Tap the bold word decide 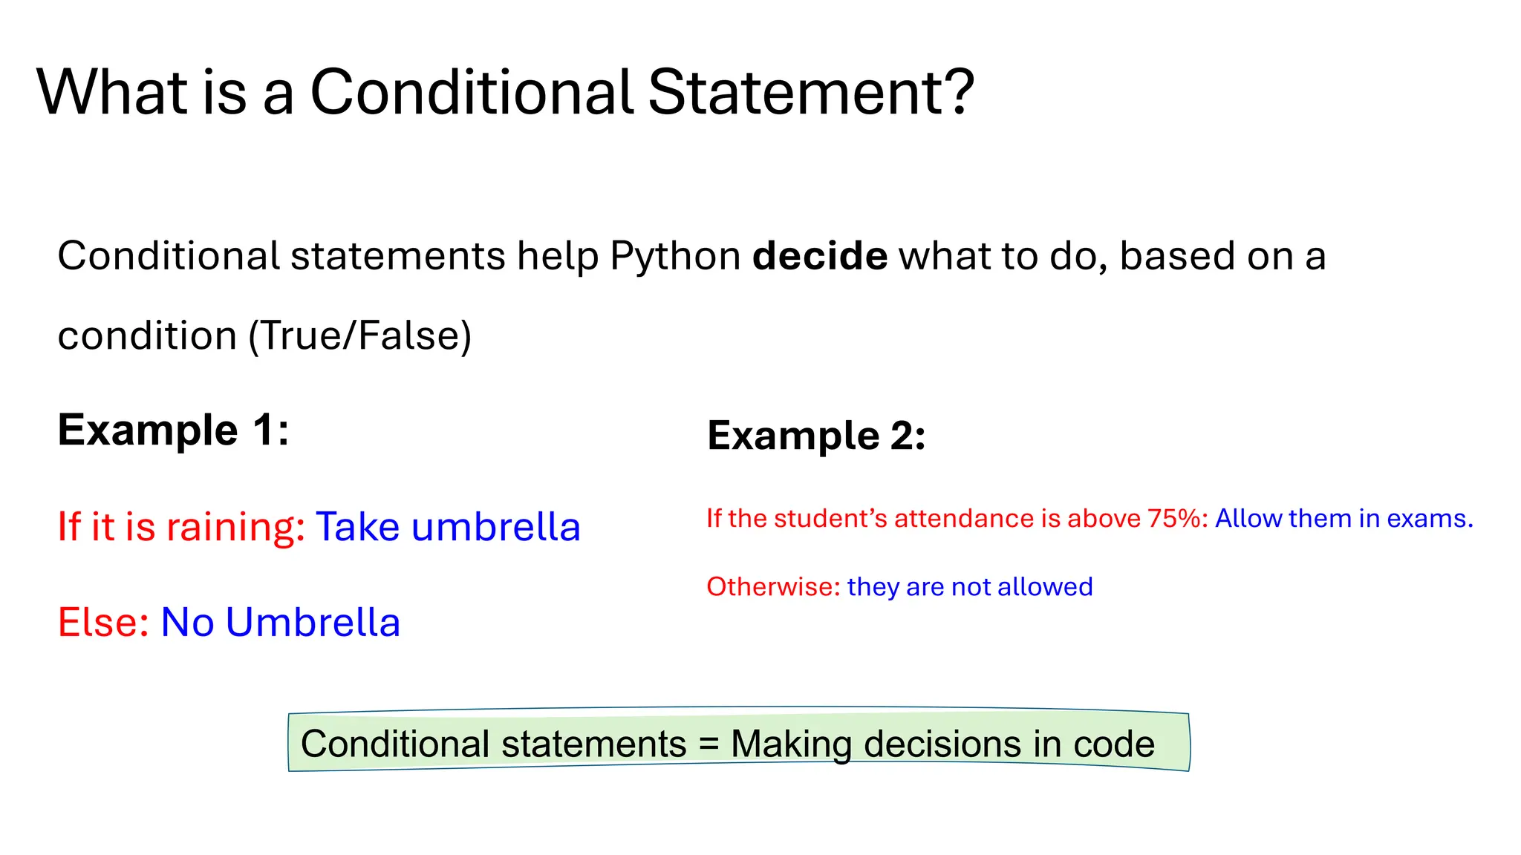pyautogui.click(x=820, y=256)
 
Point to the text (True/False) pyautogui.click(x=360, y=335)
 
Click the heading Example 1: pyautogui.click(x=174, y=430)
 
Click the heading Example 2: pyautogui.click(x=816, y=435)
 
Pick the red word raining pyautogui.click(x=235, y=528)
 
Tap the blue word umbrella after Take pyautogui.click(x=495, y=527)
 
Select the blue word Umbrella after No pyautogui.click(x=313, y=622)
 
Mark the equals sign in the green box pyautogui.click(x=709, y=744)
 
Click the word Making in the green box pyautogui.click(x=791, y=744)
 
